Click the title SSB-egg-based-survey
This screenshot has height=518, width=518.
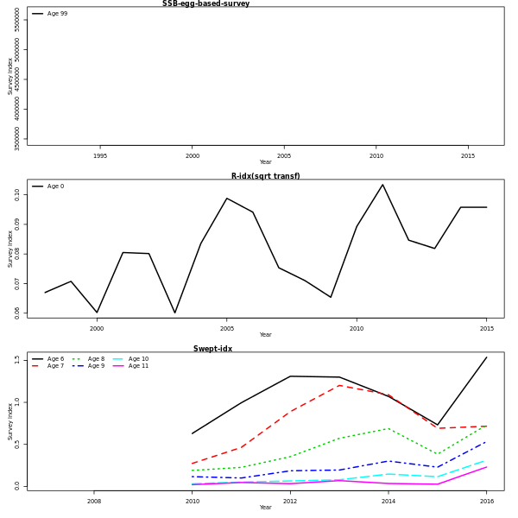205,3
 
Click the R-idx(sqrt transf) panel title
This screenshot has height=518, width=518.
265,176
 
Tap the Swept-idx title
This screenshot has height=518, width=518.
212,349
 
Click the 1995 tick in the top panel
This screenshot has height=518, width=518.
100,156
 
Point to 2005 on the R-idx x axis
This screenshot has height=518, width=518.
227,329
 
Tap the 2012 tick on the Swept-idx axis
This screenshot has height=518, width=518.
290,502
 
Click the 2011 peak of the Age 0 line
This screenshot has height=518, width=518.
382,184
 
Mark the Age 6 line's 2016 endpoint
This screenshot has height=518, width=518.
486,357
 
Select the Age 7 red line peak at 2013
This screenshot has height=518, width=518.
339,385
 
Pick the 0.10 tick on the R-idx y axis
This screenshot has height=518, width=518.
16,195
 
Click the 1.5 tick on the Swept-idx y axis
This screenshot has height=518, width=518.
16,360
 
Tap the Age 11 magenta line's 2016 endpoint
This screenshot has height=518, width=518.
486,467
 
